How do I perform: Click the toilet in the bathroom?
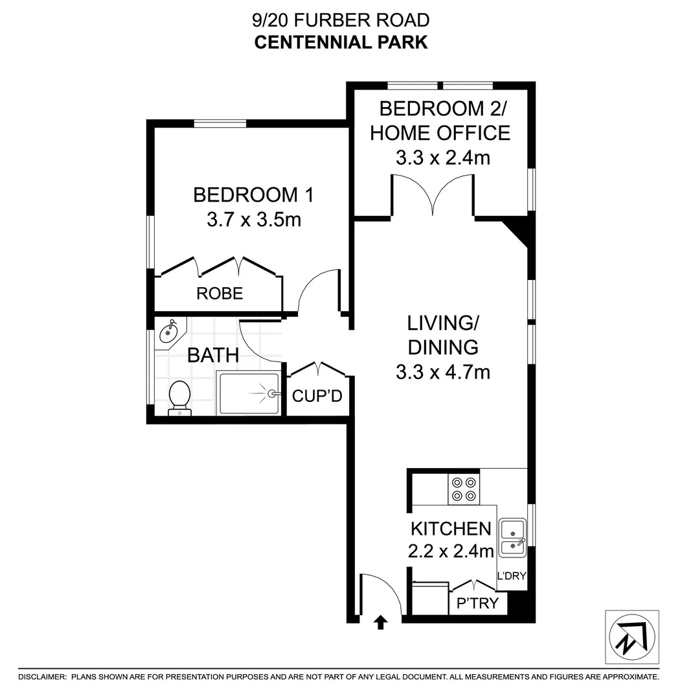(179, 397)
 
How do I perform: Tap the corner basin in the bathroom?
(170, 332)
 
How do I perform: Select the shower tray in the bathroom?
(249, 393)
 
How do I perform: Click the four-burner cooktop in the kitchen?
(464, 489)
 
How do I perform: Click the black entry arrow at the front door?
(381, 623)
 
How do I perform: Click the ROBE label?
(220, 294)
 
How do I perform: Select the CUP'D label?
(317, 395)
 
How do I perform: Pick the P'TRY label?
(478, 603)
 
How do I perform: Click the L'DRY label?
(511, 576)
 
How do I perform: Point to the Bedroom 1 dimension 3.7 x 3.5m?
(253, 220)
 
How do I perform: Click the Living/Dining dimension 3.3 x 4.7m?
(442, 372)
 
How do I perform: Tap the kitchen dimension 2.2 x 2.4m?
(451, 551)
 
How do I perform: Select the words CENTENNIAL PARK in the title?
(341, 42)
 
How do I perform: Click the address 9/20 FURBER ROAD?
(341, 20)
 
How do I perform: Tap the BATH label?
(213, 355)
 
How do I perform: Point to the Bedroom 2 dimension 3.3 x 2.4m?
(442, 157)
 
